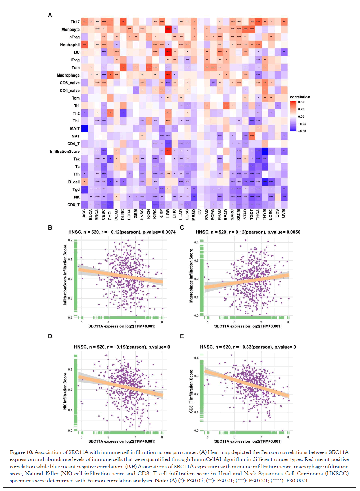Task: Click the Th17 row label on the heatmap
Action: click(75, 22)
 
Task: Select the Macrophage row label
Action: click(68, 75)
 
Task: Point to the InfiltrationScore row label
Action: click(65, 151)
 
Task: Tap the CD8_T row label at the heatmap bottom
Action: click(73, 205)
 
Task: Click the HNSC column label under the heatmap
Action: click(142, 214)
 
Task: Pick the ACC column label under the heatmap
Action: click(84, 213)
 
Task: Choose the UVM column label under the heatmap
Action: click(284, 213)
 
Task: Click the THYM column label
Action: click(265, 214)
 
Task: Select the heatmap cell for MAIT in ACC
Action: click(84, 129)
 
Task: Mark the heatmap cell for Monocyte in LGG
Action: click(168, 30)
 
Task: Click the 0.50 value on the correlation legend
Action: click(301, 102)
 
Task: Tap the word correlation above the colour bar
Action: click(300, 97)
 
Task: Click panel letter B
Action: click(50, 227)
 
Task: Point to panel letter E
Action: click(182, 336)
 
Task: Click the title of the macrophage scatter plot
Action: click(248, 232)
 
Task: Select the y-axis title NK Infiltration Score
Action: click(65, 391)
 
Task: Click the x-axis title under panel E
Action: click(248, 441)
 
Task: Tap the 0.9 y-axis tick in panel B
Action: click(70, 240)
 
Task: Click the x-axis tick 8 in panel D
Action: click(162, 437)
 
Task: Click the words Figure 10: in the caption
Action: click(22, 452)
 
